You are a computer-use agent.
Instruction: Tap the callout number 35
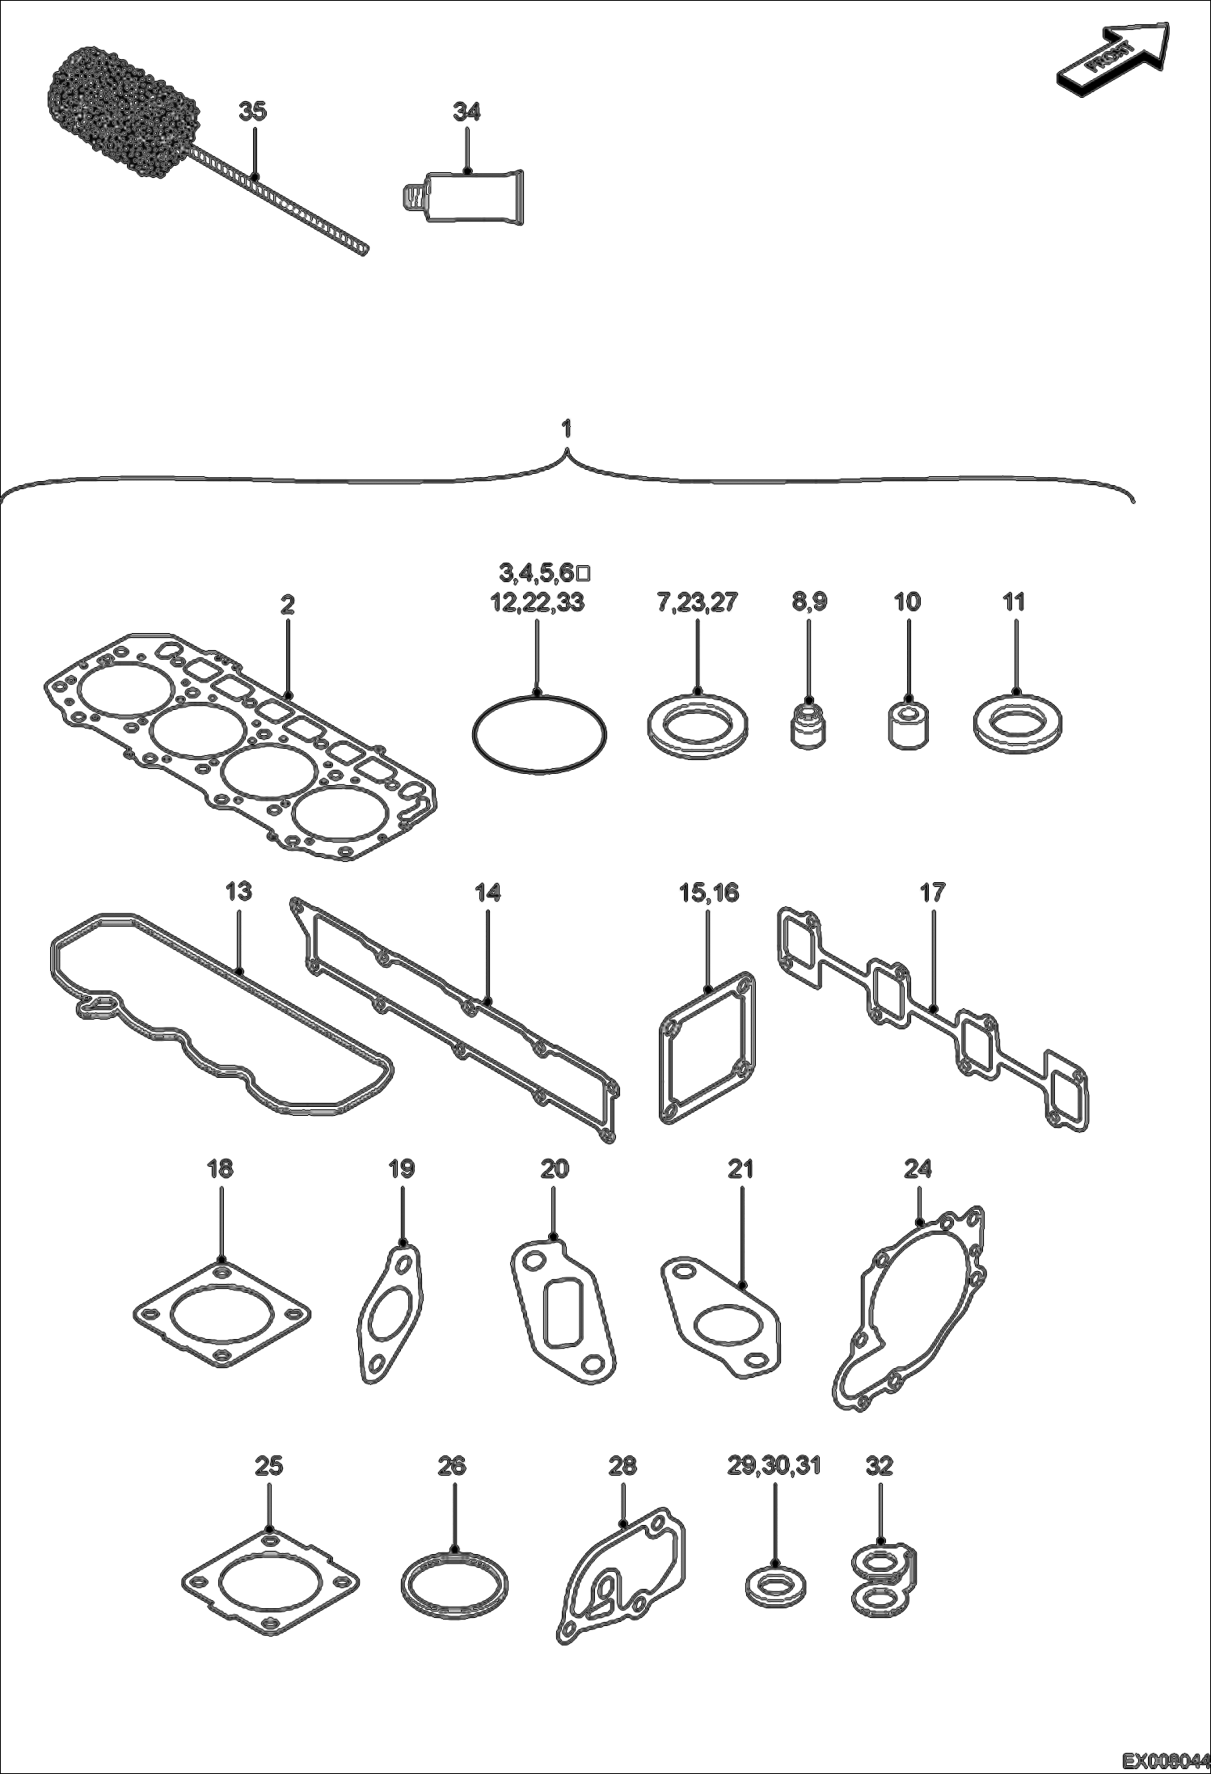tap(252, 112)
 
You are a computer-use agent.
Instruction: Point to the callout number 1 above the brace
tap(568, 428)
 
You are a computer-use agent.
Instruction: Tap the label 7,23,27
tap(697, 602)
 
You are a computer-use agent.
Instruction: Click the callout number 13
tap(238, 892)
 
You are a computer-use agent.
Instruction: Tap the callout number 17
tap(932, 893)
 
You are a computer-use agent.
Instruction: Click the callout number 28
tap(622, 1466)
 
